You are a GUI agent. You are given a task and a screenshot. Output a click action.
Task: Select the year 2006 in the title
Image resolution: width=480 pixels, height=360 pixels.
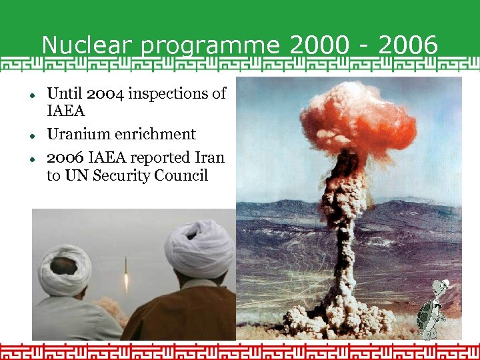(408, 45)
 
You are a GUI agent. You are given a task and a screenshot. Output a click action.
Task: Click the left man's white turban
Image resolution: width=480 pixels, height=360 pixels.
(65, 270)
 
